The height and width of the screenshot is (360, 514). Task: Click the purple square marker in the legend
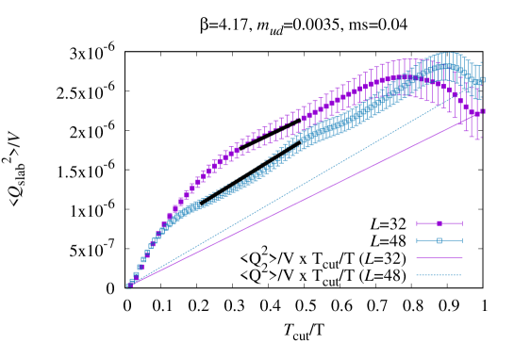click(x=439, y=223)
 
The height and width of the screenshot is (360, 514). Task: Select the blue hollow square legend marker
click(x=439, y=240)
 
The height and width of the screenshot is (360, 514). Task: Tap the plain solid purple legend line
click(x=439, y=258)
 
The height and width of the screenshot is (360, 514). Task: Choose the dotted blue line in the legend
click(x=439, y=275)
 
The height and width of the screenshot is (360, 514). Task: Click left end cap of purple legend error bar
click(x=417, y=223)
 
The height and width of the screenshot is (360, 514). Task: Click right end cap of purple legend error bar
click(x=462, y=223)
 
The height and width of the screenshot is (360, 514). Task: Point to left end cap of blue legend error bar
click(x=417, y=240)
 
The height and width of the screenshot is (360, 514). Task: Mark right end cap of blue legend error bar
click(x=462, y=240)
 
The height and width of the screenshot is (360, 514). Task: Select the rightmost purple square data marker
click(x=481, y=111)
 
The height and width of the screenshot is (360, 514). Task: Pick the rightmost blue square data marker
click(x=481, y=80)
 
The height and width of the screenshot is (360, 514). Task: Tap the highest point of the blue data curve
click(x=447, y=67)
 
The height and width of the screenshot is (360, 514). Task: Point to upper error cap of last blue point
click(x=481, y=62)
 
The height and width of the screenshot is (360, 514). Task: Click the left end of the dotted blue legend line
click(x=417, y=275)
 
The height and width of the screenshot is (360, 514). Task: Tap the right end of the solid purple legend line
click(x=462, y=258)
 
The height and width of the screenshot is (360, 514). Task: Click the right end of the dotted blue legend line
click(x=462, y=275)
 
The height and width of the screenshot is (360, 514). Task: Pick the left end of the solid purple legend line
click(x=417, y=258)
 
